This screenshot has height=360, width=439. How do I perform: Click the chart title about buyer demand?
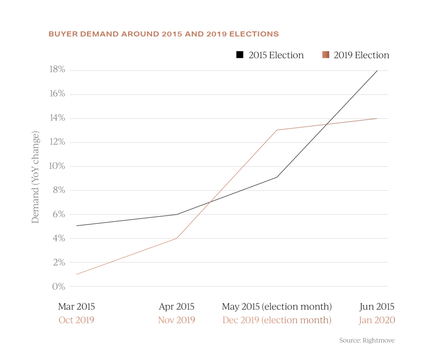pyautogui.click(x=164, y=34)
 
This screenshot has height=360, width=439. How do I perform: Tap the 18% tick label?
pyautogui.click(x=57, y=70)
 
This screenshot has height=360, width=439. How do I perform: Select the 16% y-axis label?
pyautogui.click(x=57, y=94)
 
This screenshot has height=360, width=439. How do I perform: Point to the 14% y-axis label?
pyautogui.click(x=57, y=118)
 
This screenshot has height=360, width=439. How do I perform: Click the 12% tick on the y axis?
pyautogui.click(x=57, y=142)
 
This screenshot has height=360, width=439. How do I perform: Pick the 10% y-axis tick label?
pyautogui.click(x=57, y=166)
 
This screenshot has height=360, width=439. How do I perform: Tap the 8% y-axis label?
pyautogui.click(x=58, y=190)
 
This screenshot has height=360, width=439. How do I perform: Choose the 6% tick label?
pyautogui.click(x=58, y=214)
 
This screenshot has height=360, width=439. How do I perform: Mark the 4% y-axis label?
pyautogui.click(x=58, y=238)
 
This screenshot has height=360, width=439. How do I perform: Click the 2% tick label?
pyautogui.click(x=58, y=262)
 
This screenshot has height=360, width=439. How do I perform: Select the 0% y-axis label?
pyautogui.click(x=58, y=286)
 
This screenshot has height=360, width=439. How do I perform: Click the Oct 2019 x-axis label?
pyautogui.click(x=76, y=320)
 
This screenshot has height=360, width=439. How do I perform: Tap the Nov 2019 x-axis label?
pyautogui.click(x=176, y=320)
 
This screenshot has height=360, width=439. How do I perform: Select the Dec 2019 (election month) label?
pyautogui.click(x=277, y=320)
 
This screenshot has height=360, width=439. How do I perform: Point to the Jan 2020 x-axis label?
pyautogui.click(x=376, y=320)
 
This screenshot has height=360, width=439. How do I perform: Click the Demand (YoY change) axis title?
pyautogui.click(x=36, y=177)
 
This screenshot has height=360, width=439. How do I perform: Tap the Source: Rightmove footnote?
pyautogui.click(x=367, y=340)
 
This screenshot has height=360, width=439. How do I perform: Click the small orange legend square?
pyautogui.click(x=326, y=54)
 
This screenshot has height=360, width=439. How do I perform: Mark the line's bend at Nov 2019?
pyautogui.click(x=177, y=238)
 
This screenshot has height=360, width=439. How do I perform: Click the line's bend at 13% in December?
pyautogui.click(x=277, y=130)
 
